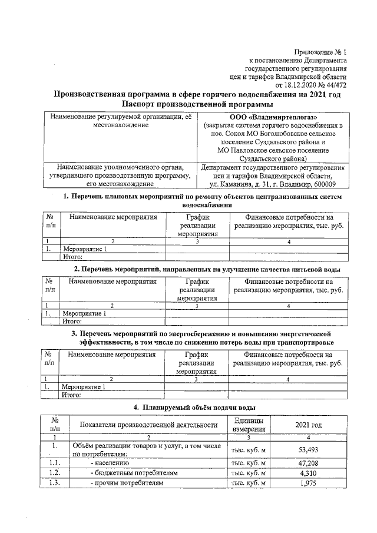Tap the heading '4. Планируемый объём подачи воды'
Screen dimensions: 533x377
(194, 408)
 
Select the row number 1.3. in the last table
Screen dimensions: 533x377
(54, 484)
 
